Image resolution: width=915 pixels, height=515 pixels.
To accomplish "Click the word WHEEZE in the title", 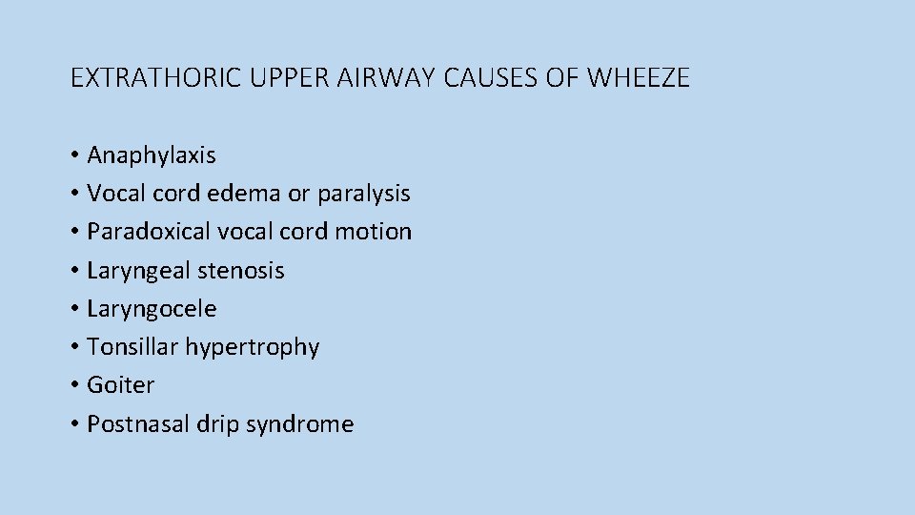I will pos(639,78).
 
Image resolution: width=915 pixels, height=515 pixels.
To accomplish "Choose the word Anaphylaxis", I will pos(152,155).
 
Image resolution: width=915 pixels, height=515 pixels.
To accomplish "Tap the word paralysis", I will pos(363,194).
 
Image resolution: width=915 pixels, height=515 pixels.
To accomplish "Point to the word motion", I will pos(380,232).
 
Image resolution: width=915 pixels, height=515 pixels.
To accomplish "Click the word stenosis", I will pos(240,271).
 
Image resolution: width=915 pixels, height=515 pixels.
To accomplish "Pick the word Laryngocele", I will pos(152,309).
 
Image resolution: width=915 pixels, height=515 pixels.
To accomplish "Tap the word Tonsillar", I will pos(132,347).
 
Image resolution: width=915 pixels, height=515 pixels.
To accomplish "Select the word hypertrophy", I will pos(253,347).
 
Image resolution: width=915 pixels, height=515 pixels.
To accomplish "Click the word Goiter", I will pos(120,385).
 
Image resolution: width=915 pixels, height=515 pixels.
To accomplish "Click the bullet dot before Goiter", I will pos(74,386).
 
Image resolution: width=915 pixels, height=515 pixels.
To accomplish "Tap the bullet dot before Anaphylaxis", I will pos(74,155).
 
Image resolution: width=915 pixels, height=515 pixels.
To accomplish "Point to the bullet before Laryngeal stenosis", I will pos(74,271).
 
